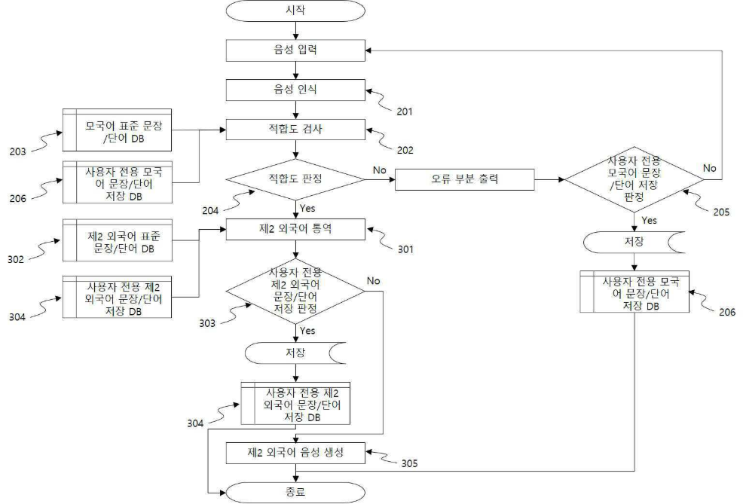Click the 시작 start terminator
[295, 11]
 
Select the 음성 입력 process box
[295, 50]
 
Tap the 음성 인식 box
[295, 90]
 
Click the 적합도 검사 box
[295, 130]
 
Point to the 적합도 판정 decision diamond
[295, 179]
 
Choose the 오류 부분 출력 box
[464, 179]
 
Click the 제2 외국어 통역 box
[295, 229]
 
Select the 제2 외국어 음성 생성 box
[295, 453]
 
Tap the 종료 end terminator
[295, 493]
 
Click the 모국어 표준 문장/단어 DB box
[117, 130]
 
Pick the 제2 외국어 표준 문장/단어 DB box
[117, 240]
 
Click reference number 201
[404, 111]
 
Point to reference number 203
[17, 151]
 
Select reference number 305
[409, 463]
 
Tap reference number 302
[16, 259]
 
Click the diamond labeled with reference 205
[634, 179]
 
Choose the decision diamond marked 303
[295, 291]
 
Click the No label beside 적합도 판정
[380, 170]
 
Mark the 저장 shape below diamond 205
[634, 242]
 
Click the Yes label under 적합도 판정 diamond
[307, 209]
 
